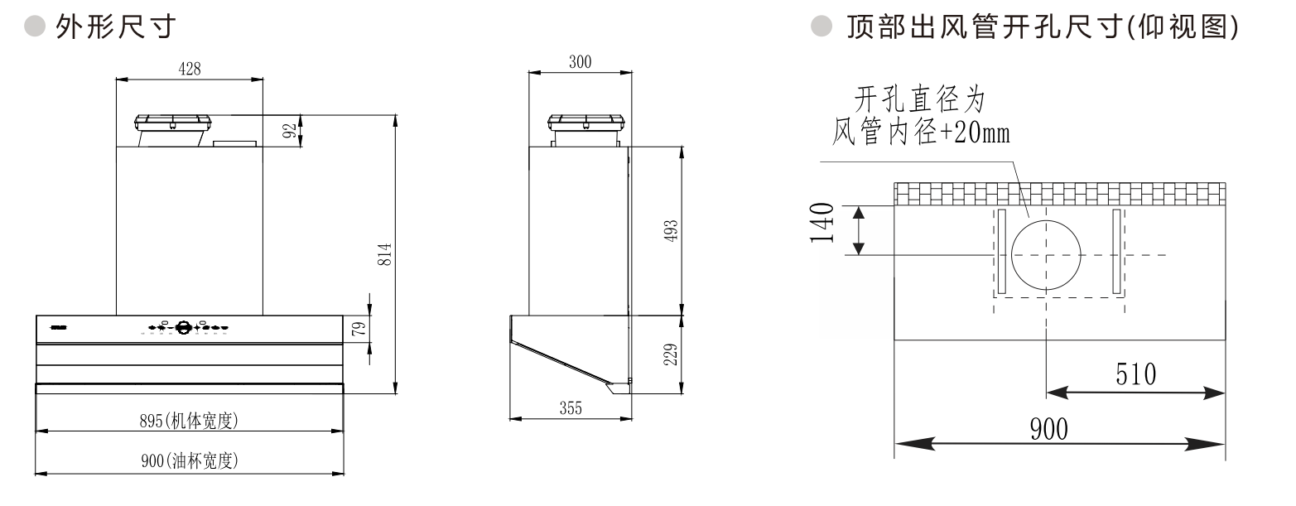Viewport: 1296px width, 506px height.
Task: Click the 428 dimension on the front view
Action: (x=190, y=70)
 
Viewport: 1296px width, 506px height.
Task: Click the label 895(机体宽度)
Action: (x=189, y=422)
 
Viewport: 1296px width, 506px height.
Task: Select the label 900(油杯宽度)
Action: (x=189, y=461)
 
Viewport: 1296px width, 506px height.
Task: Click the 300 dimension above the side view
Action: (x=581, y=62)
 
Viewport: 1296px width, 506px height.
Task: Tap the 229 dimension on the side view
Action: (x=672, y=354)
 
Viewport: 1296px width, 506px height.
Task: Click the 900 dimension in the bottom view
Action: (x=1048, y=429)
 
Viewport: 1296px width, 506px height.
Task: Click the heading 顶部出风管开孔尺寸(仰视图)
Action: (x=1043, y=28)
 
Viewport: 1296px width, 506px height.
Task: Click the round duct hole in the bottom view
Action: (x=1047, y=254)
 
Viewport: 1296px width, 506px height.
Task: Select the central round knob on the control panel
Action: (x=184, y=327)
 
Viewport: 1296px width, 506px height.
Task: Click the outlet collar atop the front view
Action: (x=176, y=124)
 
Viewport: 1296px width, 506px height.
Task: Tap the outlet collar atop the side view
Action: (x=584, y=125)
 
